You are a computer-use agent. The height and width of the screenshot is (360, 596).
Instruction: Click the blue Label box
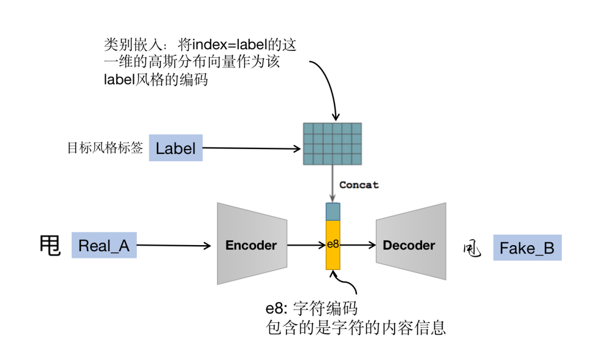tap(175, 148)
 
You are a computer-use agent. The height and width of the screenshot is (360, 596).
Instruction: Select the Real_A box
tap(104, 246)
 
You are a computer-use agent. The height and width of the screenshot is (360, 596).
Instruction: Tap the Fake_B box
tap(526, 248)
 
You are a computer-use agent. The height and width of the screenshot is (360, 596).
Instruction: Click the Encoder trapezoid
tap(251, 244)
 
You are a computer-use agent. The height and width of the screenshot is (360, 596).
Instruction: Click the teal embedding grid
tap(332, 143)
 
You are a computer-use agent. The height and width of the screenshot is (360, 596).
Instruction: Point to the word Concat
tap(359, 185)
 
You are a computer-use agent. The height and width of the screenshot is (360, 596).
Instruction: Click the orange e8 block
tap(333, 245)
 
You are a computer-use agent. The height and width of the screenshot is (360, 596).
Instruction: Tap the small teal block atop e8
tap(333, 211)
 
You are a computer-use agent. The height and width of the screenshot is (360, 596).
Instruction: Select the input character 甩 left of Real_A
tap(50, 246)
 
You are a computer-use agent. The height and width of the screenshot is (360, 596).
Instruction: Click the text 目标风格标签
tap(105, 148)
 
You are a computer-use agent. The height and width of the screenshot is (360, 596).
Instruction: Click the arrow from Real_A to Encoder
tap(174, 246)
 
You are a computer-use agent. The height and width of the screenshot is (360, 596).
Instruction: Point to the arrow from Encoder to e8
tap(306, 245)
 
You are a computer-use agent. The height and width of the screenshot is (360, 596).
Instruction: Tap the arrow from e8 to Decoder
tap(358, 245)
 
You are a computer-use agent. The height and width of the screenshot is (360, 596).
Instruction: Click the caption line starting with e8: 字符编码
tap(312, 308)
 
